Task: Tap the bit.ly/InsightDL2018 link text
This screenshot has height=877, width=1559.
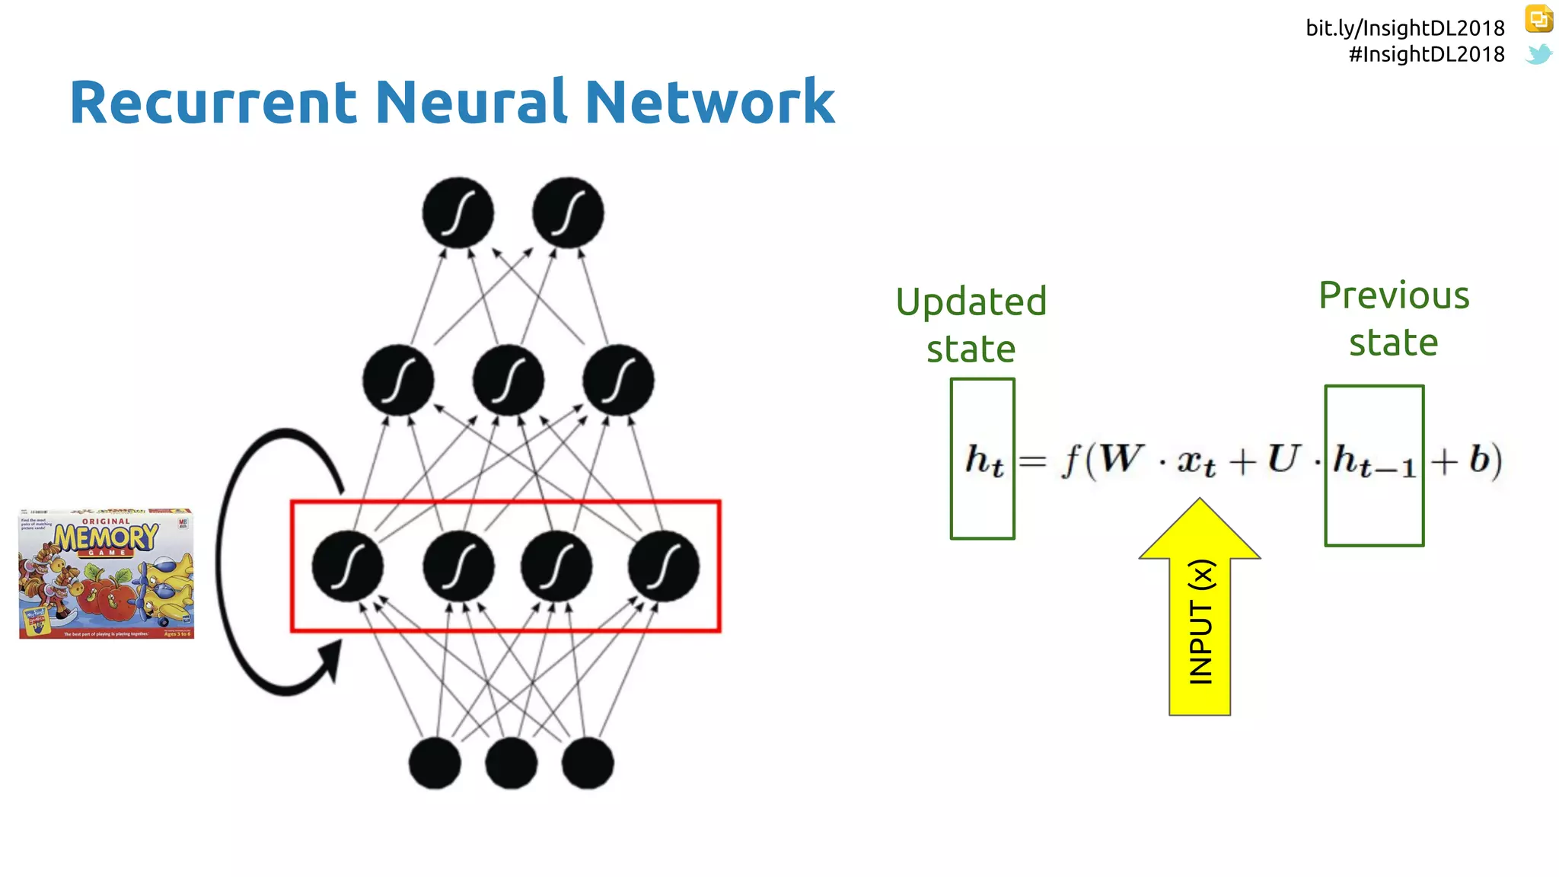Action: click(1404, 28)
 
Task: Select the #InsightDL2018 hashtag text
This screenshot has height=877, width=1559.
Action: click(1426, 54)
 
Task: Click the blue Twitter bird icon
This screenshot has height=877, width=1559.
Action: click(1538, 54)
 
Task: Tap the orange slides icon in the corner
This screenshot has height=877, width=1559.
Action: click(1538, 19)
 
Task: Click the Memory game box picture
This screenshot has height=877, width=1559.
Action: click(107, 574)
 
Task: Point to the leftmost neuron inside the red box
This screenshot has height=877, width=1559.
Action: click(348, 567)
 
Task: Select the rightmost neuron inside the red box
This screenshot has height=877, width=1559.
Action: click(663, 567)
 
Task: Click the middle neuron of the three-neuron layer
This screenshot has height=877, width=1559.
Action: click(508, 380)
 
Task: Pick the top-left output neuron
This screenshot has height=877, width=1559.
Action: click(457, 212)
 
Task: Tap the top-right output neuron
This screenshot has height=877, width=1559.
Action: click(568, 212)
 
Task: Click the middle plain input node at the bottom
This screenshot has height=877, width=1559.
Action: click(511, 763)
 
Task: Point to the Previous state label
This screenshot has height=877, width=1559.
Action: click(1394, 318)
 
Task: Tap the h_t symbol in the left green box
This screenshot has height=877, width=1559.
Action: click(984, 461)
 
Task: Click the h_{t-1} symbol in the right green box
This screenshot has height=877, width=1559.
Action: click(1374, 462)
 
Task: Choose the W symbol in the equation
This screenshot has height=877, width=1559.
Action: click(1121, 459)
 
